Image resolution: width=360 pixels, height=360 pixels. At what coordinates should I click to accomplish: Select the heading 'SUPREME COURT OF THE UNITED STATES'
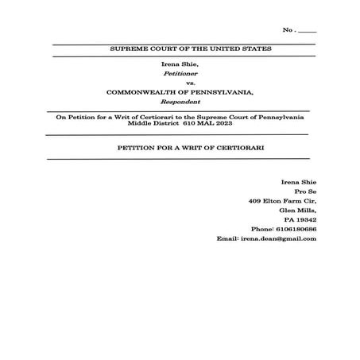click(179, 49)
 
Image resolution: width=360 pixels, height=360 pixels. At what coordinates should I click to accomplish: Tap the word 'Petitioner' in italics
click(180, 72)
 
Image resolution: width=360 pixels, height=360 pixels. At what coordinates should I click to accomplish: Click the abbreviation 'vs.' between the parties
click(180, 83)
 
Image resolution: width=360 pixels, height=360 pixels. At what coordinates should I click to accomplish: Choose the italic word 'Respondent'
click(180, 103)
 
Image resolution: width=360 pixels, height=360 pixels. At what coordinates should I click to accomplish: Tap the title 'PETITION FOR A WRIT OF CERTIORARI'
click(179, 149)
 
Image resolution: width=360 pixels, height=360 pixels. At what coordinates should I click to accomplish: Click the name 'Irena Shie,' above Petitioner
click(180, 63)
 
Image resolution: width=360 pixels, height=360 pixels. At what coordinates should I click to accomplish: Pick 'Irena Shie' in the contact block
click(300, 182)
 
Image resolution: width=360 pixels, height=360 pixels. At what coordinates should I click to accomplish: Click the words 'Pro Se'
click(305, 192)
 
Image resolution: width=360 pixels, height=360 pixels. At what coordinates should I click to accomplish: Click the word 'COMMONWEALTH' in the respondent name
click(143, 92)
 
